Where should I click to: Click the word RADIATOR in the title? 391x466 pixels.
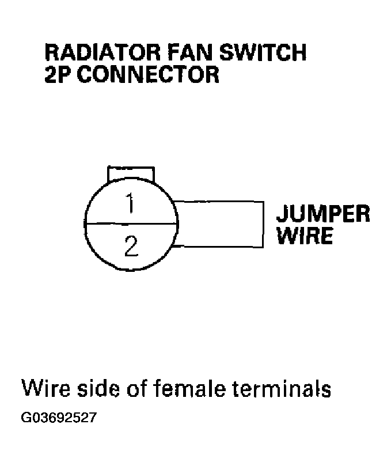(103, 52)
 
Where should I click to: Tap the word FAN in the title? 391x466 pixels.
(191, 52)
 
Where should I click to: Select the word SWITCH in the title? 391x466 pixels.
(263, 52)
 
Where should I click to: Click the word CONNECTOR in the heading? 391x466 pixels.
(148, 74)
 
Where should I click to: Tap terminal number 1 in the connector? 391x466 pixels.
(130, 203)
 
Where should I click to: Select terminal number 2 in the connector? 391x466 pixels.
(131, 246)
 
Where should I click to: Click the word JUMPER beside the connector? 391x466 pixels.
(323, 213)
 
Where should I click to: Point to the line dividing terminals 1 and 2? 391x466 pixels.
(131, 223)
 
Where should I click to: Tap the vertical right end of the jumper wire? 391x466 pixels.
(263, 225)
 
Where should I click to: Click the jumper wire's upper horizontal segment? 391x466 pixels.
(218, 202)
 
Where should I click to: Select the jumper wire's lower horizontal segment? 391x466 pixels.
(218, 247)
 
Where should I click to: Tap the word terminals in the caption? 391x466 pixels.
(282, 389)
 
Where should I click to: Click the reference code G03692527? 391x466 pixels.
(59, 417)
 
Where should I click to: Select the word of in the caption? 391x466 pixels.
(137, 389)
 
